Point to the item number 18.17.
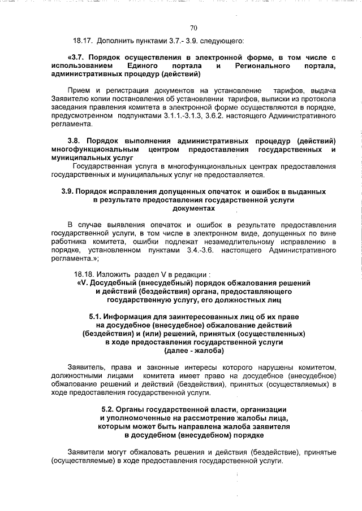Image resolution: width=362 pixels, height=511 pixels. pos(83,41)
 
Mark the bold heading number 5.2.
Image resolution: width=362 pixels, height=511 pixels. pos(109,409)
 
